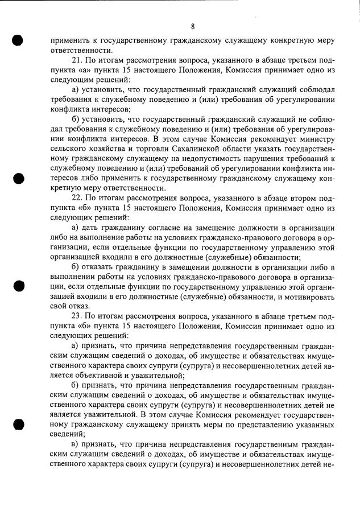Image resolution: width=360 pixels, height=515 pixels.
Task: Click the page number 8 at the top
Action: pyautogui.click(x=193, y=27)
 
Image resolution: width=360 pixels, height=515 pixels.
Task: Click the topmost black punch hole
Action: pyautogui.click(x=18, y=40)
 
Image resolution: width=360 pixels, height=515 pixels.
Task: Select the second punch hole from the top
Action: pyautogui.click(x=18, y=178)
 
